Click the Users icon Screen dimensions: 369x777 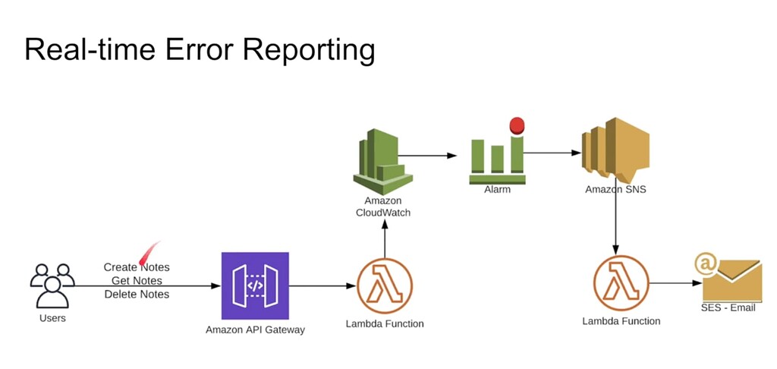tap(52, 285)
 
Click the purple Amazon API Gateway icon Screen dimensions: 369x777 tap(255, 285)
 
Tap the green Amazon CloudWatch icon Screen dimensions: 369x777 tap(383, 162)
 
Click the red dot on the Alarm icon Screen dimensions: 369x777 tap(517, 125)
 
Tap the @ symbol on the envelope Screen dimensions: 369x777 tap(706, 264)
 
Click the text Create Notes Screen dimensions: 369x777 tap(137, 267)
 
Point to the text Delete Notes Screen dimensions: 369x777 tap(137, 295)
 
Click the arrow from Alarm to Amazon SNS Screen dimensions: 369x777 tap(550, 153)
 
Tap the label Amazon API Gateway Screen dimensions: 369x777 tap(255, 330)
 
